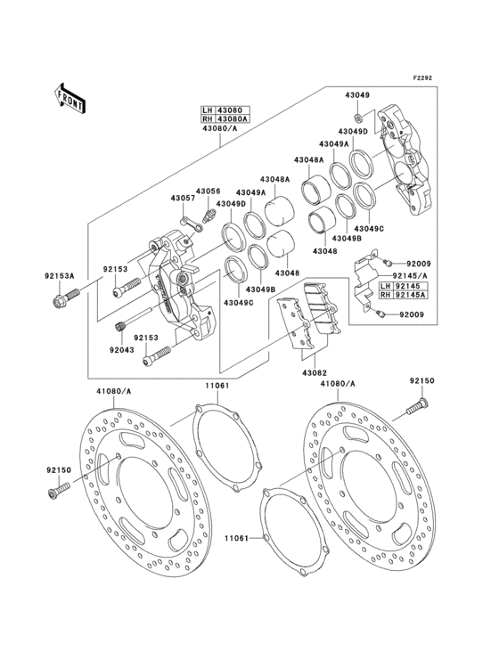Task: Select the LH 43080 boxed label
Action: pos(218,111)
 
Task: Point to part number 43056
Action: pos(208,192)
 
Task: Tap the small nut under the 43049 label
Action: pos(357,117)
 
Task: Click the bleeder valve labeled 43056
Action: pos(211,213)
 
